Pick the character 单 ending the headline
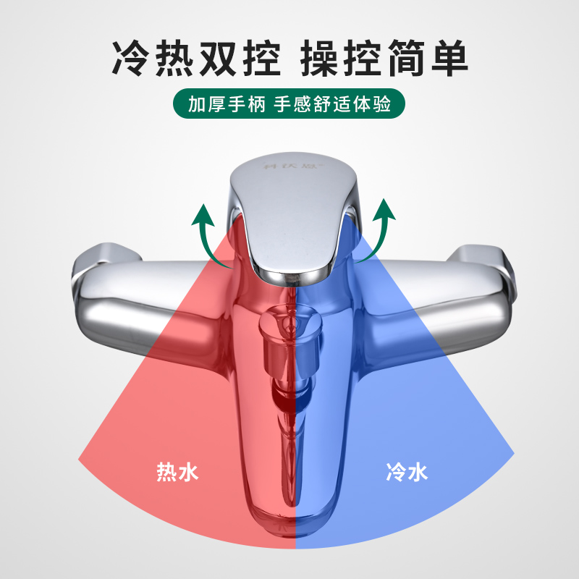point(447,57)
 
